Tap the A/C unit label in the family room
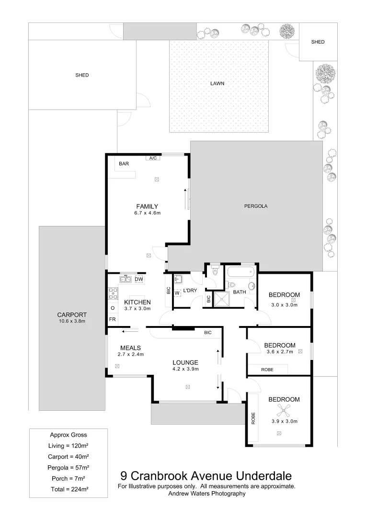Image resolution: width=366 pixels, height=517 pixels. tap(153, 157)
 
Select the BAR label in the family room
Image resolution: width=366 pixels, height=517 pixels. tap(124, 164)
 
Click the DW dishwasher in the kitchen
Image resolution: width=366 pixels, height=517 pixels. tap(138, 279)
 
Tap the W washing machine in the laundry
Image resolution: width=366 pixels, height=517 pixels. tap(177, 292)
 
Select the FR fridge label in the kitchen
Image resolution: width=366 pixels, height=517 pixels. tap(112, 319)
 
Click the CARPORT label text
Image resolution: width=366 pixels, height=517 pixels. tap(71, 315)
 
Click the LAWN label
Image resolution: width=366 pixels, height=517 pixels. tap(217, 83)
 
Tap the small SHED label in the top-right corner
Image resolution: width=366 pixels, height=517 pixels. tap(318, 42)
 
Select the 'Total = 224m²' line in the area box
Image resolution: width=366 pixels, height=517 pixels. tap(69, 489)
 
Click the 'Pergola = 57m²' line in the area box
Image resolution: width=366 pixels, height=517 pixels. tap(69, 467)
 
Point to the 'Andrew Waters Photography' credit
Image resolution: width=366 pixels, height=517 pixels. tap(206, 494)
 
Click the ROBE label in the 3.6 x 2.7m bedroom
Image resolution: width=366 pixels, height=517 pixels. tap(267, 370)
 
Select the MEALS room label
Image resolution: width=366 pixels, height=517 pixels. tap(130, 348)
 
